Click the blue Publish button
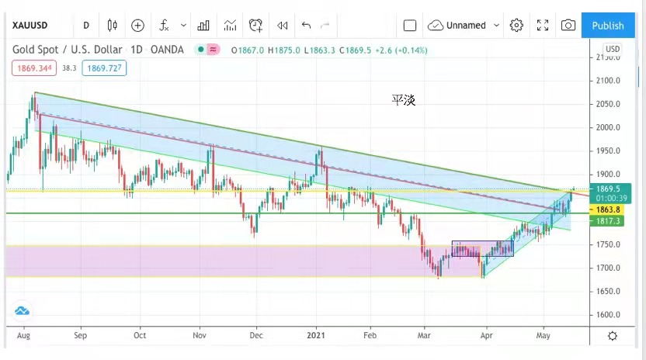(607, 25)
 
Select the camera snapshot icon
(568, 25)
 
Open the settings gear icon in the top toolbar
(516, 25)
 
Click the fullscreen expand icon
(543, 25)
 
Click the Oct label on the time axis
(140, 336)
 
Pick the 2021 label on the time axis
(316, 336)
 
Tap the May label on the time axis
(544, 336)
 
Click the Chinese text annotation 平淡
(403, 100)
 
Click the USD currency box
(613, 49)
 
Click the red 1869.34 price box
(33, 67)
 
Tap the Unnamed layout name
(466, 25)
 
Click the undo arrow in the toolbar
(306, 25)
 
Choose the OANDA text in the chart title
(167, 50)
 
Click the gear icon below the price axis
(613, 336)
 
